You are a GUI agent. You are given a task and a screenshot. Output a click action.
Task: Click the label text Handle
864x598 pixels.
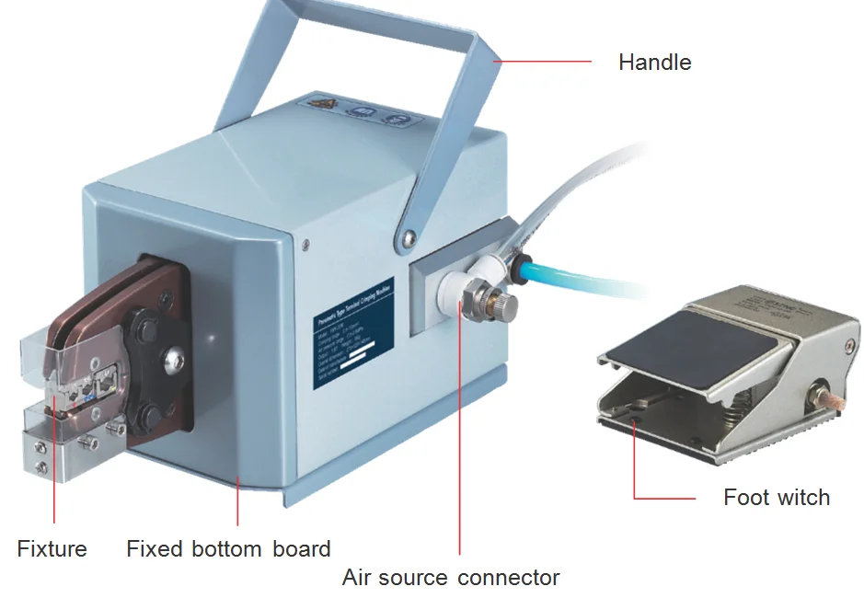coord(654,63)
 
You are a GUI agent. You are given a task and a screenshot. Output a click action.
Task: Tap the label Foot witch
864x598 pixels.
coord(776,498)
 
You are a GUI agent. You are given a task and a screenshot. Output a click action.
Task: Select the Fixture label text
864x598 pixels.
coord(52,549)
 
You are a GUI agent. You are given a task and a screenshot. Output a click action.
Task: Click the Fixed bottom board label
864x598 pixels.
coord(228,549)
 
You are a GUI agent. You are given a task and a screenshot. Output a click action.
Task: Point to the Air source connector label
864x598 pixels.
coord(451,578)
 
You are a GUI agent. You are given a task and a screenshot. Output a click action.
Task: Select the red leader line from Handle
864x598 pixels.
coord(543,63)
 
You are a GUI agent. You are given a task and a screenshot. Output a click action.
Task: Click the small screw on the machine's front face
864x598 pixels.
coord(305,244)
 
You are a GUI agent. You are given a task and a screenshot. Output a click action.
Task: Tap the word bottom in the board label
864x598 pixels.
coord(228,549)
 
